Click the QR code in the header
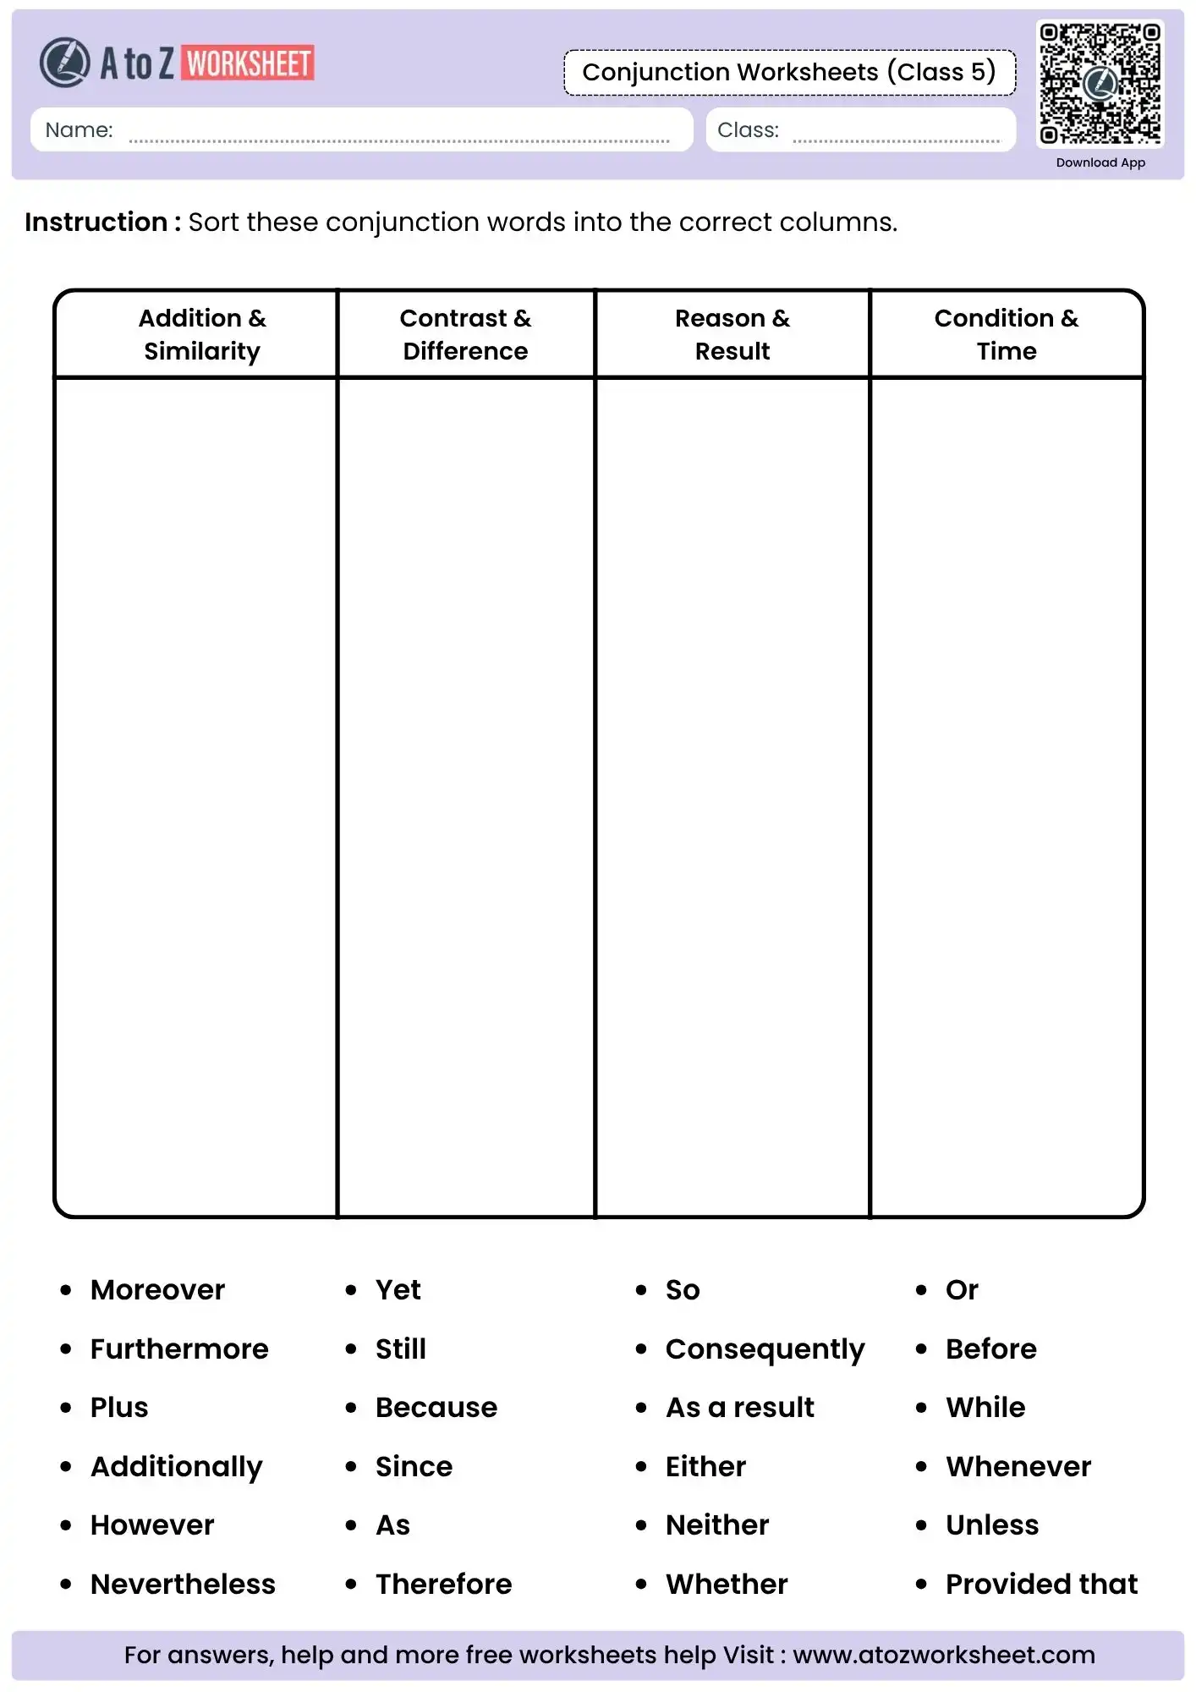tap(1100, 83)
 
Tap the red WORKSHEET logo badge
tap(248, 63)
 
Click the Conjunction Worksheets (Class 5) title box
tap(789, 73)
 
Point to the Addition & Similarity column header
tap(202, 334)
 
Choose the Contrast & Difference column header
tap(465, 334)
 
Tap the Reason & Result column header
tap(732, 334)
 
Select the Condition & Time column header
tap(1007, 334)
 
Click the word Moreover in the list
tap(158, 1289)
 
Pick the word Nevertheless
tap(183, 1584)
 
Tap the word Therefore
tap(444, 1584)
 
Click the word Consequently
tap(765, 1349)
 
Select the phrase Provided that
tap(1041, 1584)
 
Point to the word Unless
tap(992, 1524)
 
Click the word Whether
tap(727, 1584)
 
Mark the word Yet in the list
tap(398, 1289)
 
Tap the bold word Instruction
tap(96, 222)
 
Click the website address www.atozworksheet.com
tap(944, 1655)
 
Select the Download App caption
tap(1100, 162)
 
